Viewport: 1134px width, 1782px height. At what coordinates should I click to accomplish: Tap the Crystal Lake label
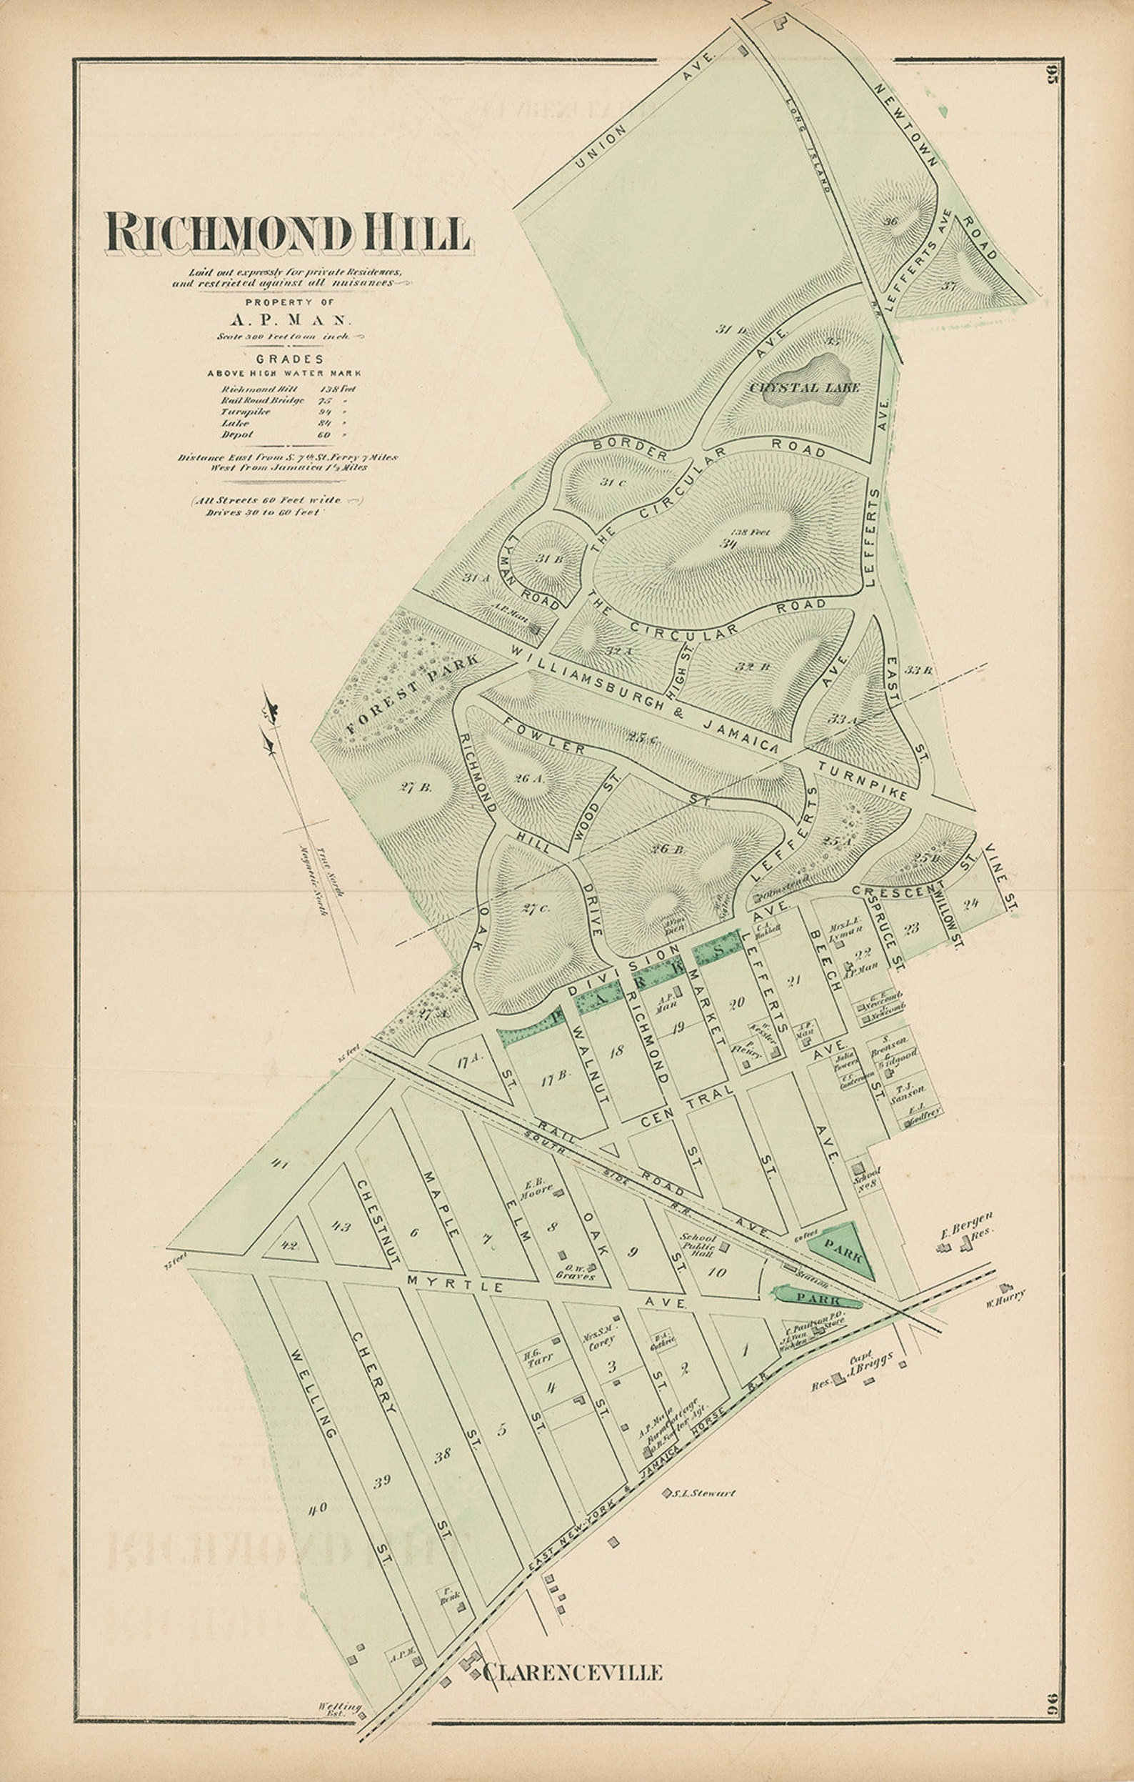(x=804, y=387)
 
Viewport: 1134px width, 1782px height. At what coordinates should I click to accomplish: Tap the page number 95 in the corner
(x=1053, y=76)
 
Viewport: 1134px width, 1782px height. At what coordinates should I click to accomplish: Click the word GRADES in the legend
(x=285, y=359)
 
